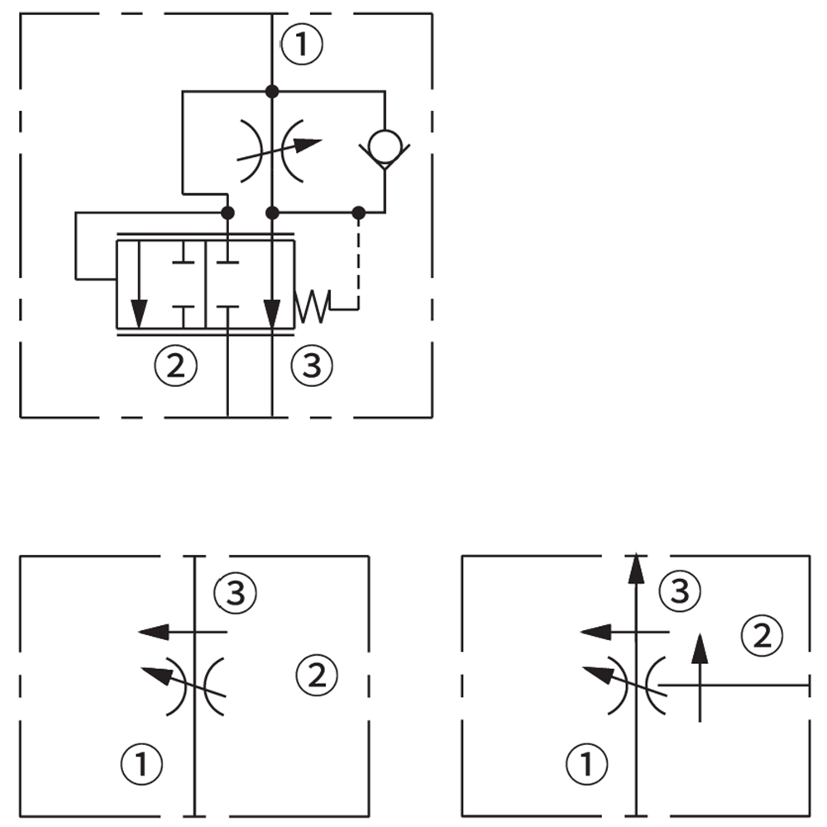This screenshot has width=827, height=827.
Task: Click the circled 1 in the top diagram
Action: (x=302, y=44)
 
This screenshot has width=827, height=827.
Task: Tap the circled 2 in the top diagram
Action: (x=175, y=365)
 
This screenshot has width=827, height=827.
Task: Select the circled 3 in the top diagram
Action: (x=311, y=365)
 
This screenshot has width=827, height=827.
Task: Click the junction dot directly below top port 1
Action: (x=272, y=92)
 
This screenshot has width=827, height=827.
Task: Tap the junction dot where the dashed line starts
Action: (x=358, y=213)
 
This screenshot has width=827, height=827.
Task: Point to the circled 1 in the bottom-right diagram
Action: (x=586, y=764)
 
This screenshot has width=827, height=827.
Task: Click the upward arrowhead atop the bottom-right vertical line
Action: (x=634, y=567)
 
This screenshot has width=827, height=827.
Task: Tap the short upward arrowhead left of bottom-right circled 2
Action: (x=700, y=647)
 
